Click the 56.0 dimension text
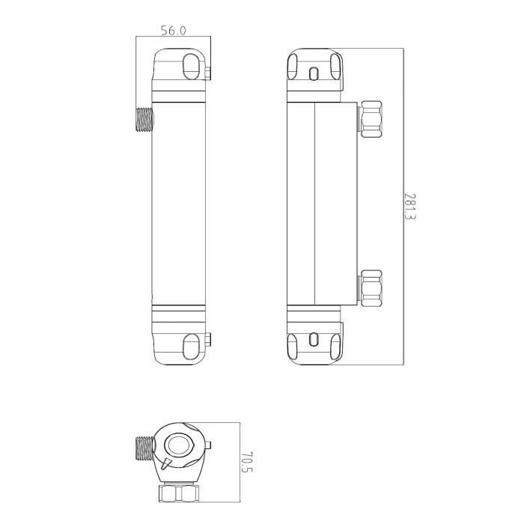click(x=173, y=31)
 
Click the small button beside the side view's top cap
click(x=207, y=72)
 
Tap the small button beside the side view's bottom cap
click(x=207, y=341)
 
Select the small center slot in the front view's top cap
click(x=314, y=73)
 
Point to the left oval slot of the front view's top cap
click(x=294, y=64)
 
